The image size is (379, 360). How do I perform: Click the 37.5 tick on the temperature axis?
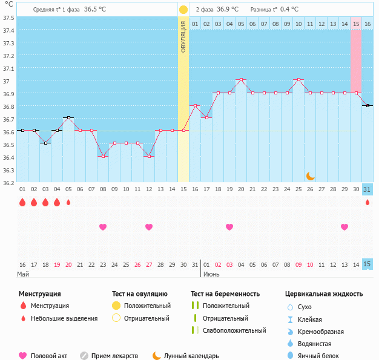pos(8,18)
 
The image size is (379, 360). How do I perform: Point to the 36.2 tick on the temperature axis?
pos(8,182)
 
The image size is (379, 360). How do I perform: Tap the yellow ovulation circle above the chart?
pos(183,10)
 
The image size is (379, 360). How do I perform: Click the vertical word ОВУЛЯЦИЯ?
pos(183,36)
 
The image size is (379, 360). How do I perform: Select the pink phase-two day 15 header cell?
pos(356,24)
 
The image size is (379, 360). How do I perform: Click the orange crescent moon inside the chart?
pos(310,175)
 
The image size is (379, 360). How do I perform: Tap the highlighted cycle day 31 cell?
pos(367,189)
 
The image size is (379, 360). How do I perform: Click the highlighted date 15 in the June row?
pos(367,264)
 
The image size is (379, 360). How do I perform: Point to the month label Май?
pos(23,274)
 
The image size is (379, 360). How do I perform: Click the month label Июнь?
pos(211,274)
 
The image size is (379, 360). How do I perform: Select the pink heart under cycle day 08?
pos(103,227)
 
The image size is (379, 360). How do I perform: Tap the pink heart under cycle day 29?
pos(344,227)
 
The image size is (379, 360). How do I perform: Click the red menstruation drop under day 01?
pos(22,202)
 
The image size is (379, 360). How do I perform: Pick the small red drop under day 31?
pos(367,202)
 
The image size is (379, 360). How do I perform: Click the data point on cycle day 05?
pos(68,117)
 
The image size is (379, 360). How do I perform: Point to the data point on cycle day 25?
pos(298,79)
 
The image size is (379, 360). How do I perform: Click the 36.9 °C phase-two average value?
pos(228,10)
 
